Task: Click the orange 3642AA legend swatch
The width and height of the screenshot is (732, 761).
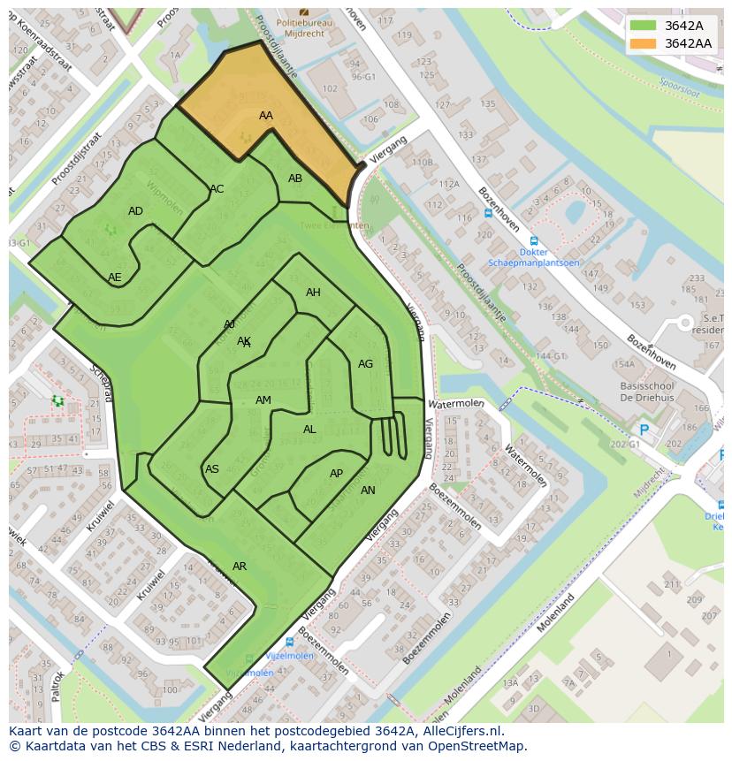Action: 644,43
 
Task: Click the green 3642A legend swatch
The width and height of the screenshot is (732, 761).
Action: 644,26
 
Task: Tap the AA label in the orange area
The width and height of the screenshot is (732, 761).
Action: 266,116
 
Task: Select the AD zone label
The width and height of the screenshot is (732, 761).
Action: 135,211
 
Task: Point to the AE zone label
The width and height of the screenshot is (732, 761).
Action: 115,278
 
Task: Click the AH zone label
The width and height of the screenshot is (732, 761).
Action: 313,293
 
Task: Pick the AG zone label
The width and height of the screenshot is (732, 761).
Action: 365,364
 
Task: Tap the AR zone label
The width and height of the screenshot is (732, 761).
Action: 240,566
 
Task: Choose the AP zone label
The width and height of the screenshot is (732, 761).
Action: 336,474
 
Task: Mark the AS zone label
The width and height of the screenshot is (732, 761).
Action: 212,469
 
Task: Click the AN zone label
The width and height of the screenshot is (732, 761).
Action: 368,491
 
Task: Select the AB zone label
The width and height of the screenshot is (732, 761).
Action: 295,179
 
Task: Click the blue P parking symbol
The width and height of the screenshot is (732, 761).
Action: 644,430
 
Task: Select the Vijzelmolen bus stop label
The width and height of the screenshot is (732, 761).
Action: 289,656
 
